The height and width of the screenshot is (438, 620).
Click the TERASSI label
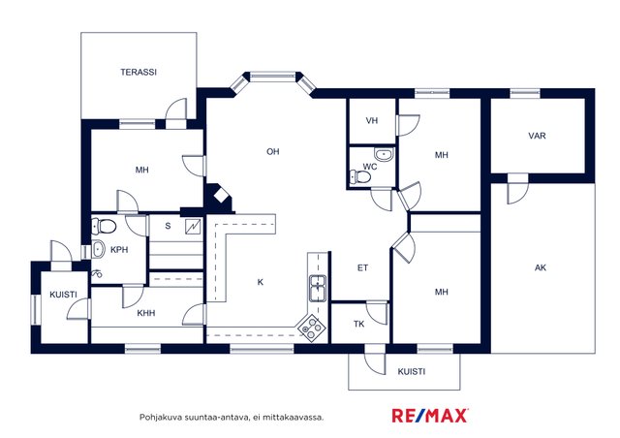click(139, 72)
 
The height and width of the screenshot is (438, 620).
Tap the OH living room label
click(273, 151)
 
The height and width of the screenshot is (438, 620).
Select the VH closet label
click(372, 121)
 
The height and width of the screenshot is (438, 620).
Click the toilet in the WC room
click(360, 176)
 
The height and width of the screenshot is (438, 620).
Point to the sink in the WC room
click(384, 155)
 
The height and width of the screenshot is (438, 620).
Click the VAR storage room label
click(537, 136)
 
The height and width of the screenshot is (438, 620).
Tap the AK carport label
click(541, 267)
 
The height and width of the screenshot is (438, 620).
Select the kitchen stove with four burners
click(312, 328)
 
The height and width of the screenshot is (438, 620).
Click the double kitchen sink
click(318, 288)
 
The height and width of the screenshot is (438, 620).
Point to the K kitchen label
click(261, 282)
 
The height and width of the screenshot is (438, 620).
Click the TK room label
click(359, 325)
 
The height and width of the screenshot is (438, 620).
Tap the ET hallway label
click(362, 268)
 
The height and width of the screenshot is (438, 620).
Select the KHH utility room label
click(146, 313)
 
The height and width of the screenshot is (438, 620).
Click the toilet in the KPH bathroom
click(104, 227)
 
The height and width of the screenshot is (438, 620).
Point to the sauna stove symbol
click(193, 227)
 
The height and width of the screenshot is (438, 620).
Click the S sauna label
click(168, 226)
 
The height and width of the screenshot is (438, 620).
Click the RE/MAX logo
click(430, 416)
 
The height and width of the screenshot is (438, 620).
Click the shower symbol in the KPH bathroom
click(97, 273)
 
